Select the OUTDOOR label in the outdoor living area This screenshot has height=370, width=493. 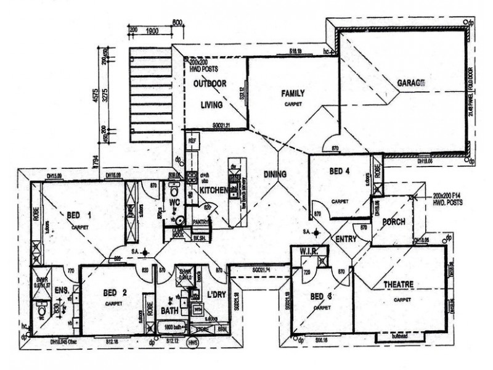(x=210, y=84)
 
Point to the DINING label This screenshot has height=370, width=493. (x=275, y=175)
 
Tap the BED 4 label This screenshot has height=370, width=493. (x=340, y=171)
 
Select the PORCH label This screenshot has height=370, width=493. (x=394, y=222)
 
